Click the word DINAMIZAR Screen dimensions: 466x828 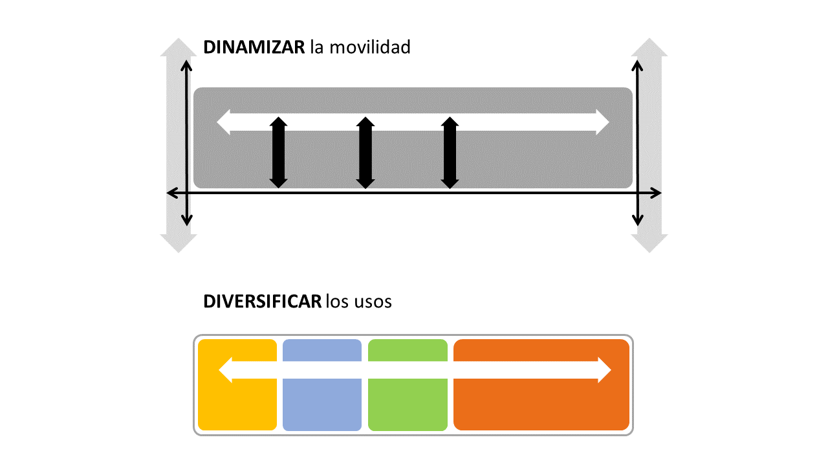[254, 47]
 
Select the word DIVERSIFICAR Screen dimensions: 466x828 [262, 302]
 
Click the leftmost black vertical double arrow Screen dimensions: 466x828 [278, 153]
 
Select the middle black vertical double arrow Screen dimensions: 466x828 [365, 153]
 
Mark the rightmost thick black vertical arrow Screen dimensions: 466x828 [450, 153]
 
